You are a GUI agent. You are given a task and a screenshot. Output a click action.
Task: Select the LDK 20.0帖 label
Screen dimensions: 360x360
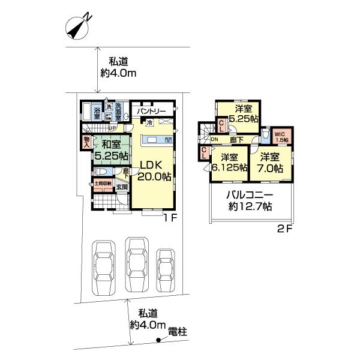coord(155,170)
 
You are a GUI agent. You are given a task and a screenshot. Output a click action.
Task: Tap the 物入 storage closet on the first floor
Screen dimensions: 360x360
coord(86,142)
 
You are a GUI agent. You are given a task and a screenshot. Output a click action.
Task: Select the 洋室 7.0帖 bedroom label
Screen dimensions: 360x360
coord(271,163)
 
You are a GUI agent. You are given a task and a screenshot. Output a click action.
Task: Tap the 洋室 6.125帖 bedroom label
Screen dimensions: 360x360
coord(229,163)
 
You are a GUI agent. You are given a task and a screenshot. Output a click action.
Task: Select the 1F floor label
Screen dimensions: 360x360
coord(170,218)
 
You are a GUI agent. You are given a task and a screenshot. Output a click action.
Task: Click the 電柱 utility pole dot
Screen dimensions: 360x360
coord(158,341)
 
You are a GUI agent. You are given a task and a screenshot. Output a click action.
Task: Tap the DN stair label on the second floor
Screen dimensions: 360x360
coord(214,140)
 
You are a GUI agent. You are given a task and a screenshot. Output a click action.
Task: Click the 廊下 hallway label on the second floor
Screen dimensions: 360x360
coord(236,139)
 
